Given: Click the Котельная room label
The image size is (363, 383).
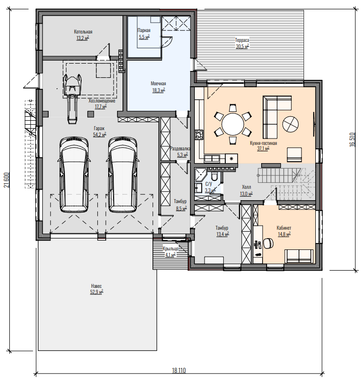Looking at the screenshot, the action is pos(83,32).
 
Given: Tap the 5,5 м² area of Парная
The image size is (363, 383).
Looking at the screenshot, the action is pos(144,37).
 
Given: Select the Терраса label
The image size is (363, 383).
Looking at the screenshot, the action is pos(242,40).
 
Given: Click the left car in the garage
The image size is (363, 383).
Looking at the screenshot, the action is pos(74,174).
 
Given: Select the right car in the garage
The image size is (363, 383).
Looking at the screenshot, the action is pos(122,174).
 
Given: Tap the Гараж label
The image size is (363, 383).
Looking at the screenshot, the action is pos(99,129).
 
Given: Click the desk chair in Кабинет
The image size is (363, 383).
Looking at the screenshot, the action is pos(268,243).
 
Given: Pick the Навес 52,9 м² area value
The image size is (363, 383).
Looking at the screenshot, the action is pos(96,292).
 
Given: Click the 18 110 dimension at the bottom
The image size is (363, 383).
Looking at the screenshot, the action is pos(179,370).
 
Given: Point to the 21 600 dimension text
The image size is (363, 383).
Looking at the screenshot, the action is pos(6,180).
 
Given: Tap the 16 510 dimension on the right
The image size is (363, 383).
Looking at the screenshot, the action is pos(352,139).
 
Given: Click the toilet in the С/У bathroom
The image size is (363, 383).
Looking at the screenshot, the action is pos(215,176).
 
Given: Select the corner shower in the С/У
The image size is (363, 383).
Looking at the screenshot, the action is pos(201,174).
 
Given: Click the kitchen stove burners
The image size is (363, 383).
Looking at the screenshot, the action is pos(199,135).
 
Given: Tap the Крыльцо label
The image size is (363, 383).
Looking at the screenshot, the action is pos(171,248).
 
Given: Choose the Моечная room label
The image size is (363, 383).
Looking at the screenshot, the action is pos(158,84).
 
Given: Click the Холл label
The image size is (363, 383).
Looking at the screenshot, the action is pos(246,187).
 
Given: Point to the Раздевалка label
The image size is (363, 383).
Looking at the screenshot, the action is pos(180,148).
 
